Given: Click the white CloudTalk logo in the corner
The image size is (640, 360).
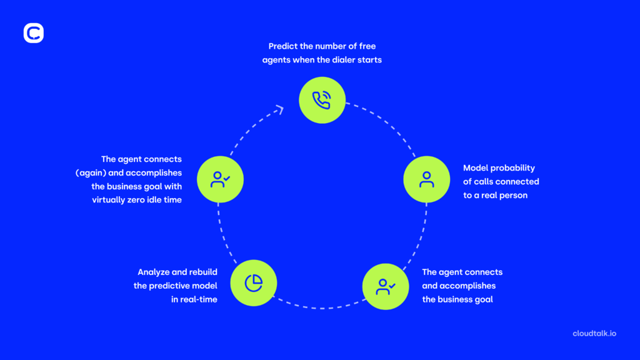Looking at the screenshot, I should [x=34, y=33].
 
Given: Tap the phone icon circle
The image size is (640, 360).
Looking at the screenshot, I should [x=321, y=100].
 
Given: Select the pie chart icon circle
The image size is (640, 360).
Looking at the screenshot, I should [x=253, y=282].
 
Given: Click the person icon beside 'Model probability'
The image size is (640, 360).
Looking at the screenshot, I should [x=426, y=180].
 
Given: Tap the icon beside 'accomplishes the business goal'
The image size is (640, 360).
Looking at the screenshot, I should [x=386, y=286].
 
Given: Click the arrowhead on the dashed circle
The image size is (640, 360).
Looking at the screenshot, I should [x=279, y=110].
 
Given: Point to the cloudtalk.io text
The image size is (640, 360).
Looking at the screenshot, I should [x=594, y=333].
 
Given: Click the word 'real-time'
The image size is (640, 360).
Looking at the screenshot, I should [x=196, y=299].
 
